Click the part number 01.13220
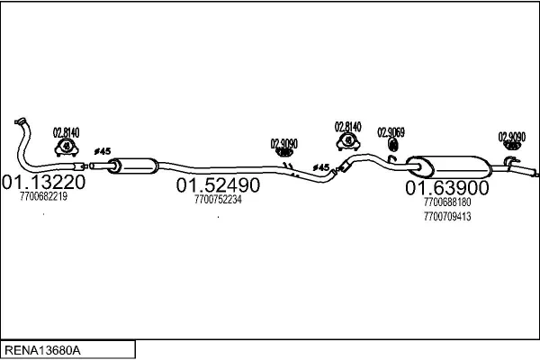click(x=44, y=182)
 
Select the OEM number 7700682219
click(x=43, y=196)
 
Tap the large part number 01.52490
click(x=218, y=185)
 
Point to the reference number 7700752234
click(x=218, y=200)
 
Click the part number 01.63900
click(x=447, y=188)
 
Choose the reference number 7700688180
click(x=447, y=202)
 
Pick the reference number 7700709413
click(x=447, y=216)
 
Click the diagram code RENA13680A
click(x=42, y=350)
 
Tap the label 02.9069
click(x=391, y=132)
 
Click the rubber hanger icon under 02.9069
click(x=392, y=145)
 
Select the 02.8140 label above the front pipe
click(x=66, y=132)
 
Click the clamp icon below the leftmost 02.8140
click(x=67, y=148)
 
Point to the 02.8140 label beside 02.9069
click(x=347, y=127)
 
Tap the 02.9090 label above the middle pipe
click(x=284, y=144)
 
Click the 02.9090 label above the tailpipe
click(x=512, y=137)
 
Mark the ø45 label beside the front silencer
click(x=103, y=151)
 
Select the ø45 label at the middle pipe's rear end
click(x=321, y=167)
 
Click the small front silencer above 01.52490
click(x=133, y=166)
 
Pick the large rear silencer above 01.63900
click(x=449, y=166)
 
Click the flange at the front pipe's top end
click(x=20, y=121)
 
